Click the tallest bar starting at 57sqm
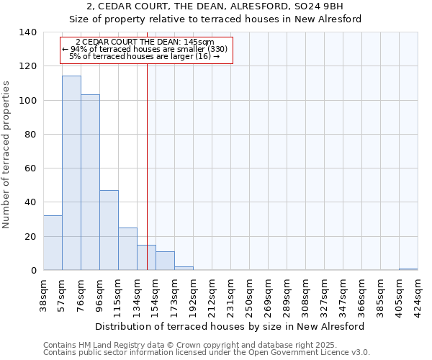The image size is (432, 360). (x=71, y=173)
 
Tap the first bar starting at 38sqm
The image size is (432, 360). (x=53, y=243)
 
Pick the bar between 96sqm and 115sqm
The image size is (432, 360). (x=109, y=230)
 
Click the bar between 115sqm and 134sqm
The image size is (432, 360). (x=127, y=249)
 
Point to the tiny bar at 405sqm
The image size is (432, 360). (x=408, y=269)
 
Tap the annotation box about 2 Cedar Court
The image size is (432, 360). (x=148, y=50)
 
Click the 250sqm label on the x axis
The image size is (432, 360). (x=248, y=292)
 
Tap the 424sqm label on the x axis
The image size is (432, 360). (x=417, y=292)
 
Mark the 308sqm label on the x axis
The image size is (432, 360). (x=305, y=292)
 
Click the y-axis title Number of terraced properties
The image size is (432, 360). (x=7, y=155)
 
